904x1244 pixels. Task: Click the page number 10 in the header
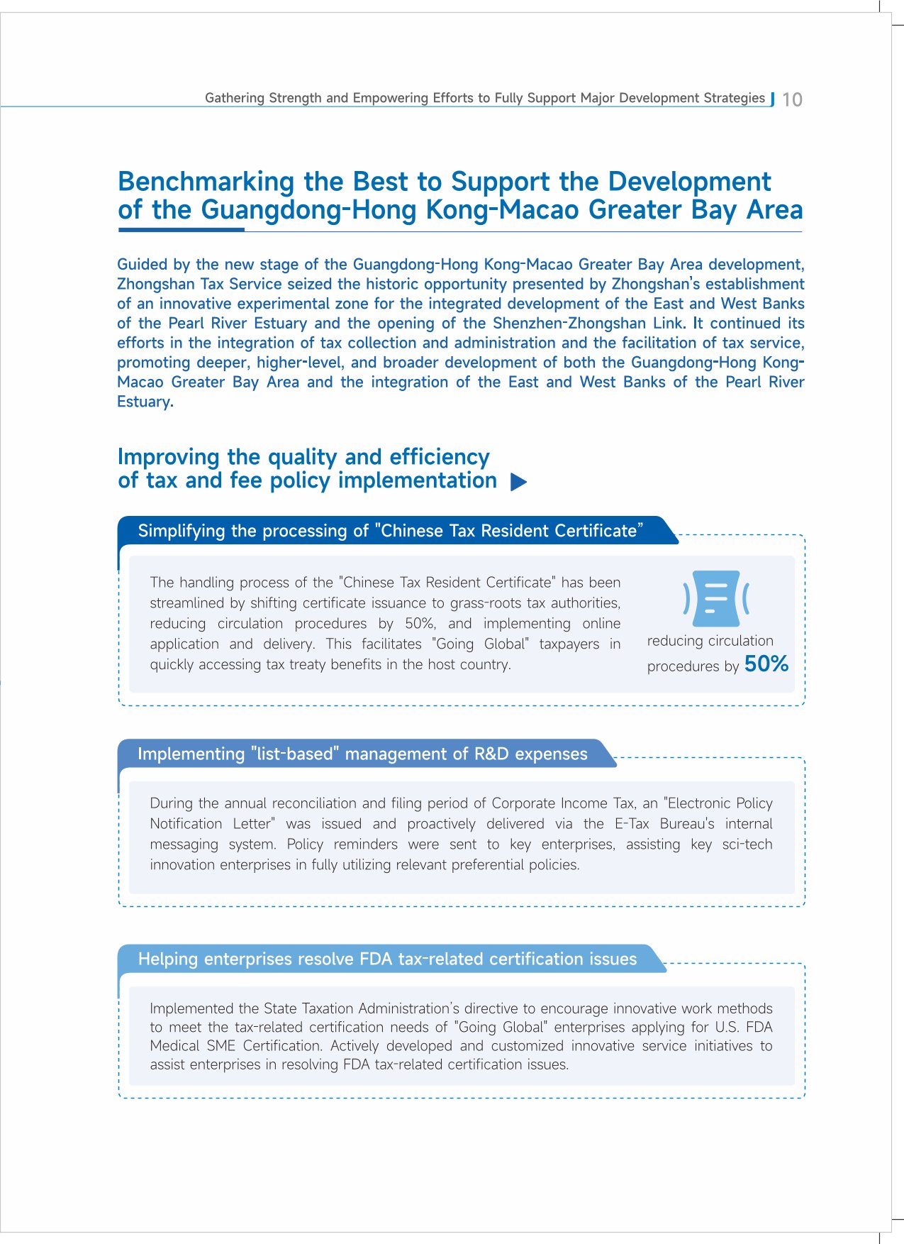click(x=792, y=99)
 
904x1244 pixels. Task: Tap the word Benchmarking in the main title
click(x=206, y=182)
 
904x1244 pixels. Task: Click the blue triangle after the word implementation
click(x=518, y=483)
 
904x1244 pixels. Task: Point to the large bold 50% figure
click(x=766, y=664)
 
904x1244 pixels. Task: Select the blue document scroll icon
click(x=716, y=598)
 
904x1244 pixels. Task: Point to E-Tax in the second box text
click(x=632, y=824)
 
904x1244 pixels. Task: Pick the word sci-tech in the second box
click(x=747, y=844)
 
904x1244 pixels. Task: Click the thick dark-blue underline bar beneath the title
click(x=182, y=230)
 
